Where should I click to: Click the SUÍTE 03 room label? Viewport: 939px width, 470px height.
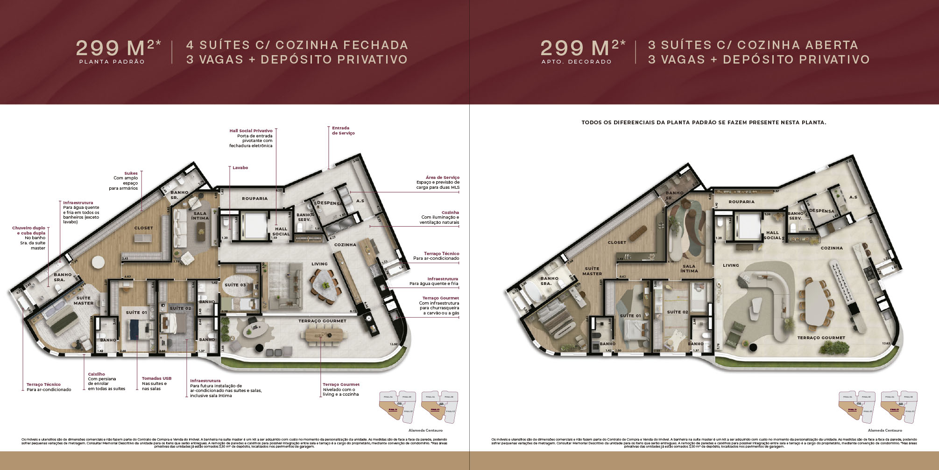click(235, 285)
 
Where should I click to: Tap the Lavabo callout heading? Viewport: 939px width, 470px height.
click(240, 168)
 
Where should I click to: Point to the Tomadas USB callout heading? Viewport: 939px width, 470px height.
click(154, 378)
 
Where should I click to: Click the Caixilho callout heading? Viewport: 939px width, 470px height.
click(96, 374)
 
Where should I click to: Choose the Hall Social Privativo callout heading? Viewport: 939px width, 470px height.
click(251, 131)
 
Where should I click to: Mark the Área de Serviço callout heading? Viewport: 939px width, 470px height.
click(442, 178)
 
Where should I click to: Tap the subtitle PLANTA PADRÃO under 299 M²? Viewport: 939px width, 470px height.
click(112, 62)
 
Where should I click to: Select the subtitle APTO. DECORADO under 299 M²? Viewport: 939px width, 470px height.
click(576, 62)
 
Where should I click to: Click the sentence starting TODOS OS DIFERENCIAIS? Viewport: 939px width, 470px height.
click(704, 122)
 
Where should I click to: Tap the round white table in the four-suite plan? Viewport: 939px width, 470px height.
click(99, 263)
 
